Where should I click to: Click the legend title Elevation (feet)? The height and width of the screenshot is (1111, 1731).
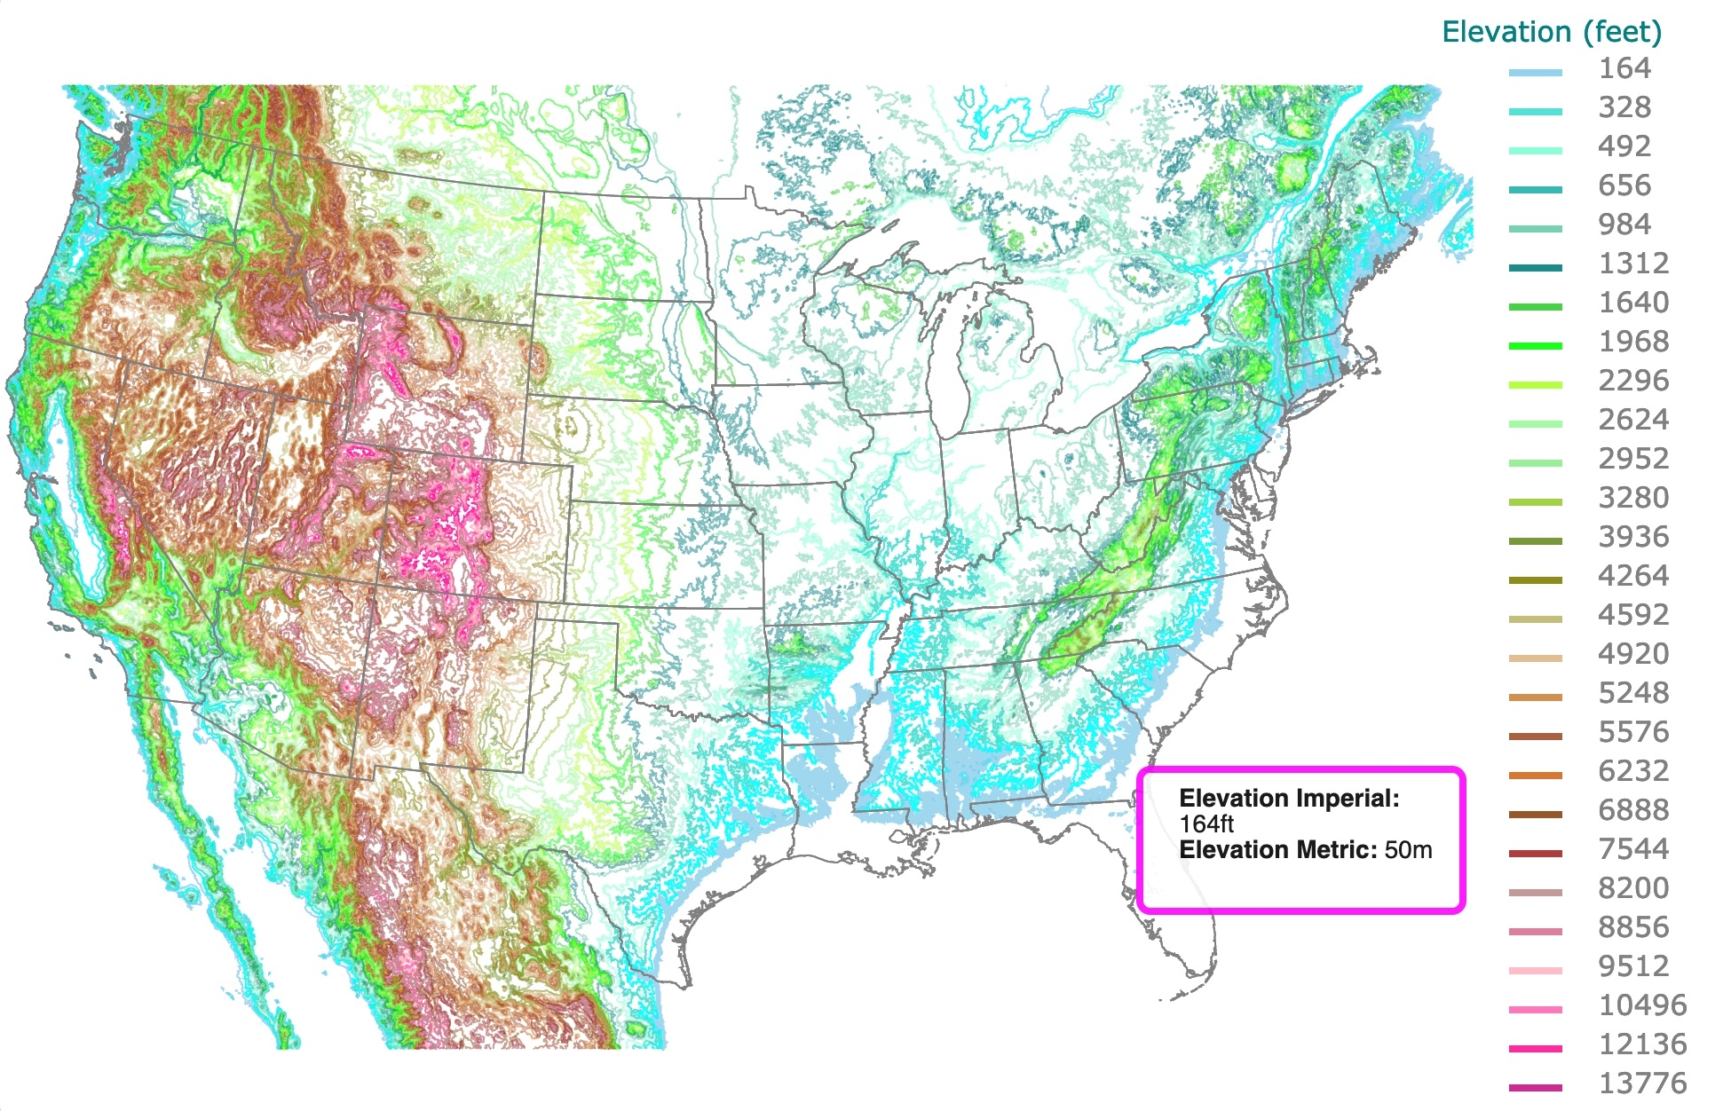point(1551,32)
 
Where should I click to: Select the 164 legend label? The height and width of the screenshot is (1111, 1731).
point(1624,69)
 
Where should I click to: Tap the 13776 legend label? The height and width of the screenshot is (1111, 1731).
point(1641,1083)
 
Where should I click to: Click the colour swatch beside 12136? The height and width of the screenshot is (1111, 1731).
point(1535,1049)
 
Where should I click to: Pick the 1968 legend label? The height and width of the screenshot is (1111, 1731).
point(1632,342)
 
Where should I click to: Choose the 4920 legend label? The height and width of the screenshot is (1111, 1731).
point(1632,654)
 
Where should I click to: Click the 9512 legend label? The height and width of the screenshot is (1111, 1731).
point(1632,966)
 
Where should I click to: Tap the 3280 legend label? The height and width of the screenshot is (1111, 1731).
point(1632,498)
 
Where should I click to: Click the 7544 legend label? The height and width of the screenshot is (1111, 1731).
point(1632,849)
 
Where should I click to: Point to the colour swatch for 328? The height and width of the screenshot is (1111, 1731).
point(1535,112)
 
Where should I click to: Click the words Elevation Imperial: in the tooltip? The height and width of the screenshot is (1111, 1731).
point(1288,799)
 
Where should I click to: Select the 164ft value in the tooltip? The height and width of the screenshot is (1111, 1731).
point(1206,823)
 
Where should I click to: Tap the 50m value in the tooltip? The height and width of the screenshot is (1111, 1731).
point(1408,850)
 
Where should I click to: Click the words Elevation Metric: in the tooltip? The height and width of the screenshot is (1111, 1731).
point(1277,850)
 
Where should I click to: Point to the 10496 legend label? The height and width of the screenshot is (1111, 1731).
point(1641,1005)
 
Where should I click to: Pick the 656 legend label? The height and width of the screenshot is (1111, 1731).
point(1624,185)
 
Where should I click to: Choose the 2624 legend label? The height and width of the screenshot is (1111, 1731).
point(1632,420)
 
